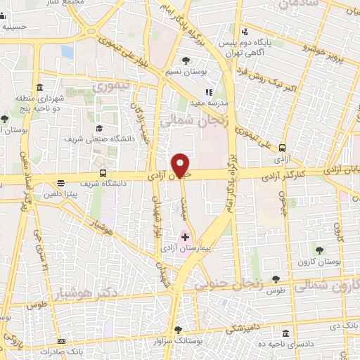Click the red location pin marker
click(182, 165)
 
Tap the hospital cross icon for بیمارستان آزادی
click(185, 238)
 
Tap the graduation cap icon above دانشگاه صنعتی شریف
click(99, 129)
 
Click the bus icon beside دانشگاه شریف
click(103, 173)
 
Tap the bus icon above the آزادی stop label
click(282, 148)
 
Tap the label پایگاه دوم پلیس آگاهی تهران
click(254, 45)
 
